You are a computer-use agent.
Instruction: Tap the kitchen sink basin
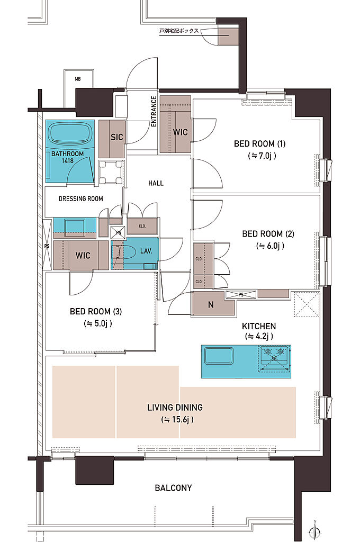[x=219, y=356]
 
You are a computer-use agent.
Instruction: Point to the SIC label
[x=117, y=137]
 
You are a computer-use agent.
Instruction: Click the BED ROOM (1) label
[x=260, y=144]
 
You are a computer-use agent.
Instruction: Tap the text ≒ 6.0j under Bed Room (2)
[x=271, y=246]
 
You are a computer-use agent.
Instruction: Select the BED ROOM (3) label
[x=96, y=311]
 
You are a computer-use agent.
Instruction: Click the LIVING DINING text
[x=175, y=408]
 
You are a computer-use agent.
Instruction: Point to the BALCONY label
[x=173, y=488]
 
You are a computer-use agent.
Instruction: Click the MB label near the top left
[x=78, y=79]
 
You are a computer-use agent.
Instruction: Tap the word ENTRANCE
[x=154, y=111]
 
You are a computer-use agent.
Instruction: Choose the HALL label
[x=156, y=183]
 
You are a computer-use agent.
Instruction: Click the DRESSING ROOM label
[x=81, y=199]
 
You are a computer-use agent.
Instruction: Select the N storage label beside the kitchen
[x=211, y=305]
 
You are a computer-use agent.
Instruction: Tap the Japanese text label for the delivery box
[x=179, y=31]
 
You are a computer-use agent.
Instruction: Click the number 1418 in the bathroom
[x=68, y=161]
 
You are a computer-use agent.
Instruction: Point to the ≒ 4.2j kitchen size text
[x=259, y=336]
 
